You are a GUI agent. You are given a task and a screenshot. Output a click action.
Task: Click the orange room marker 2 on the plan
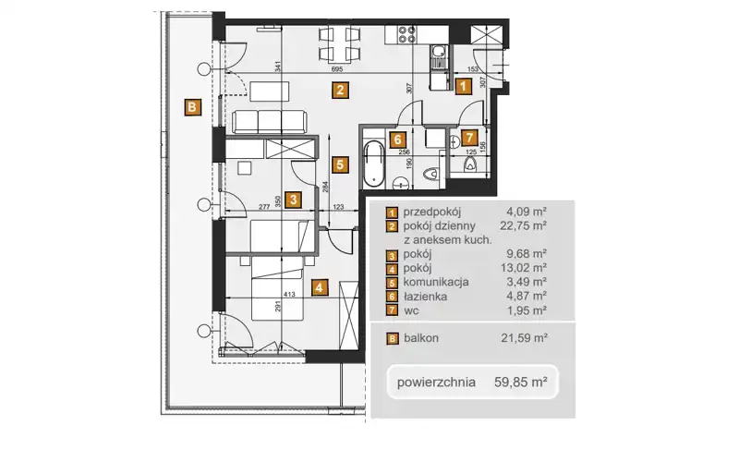(x=340, y=90)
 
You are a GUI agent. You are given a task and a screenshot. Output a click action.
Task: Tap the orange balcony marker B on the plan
(x=192, y=107)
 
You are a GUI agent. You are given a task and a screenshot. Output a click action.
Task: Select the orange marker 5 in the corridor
(x=340, y=164)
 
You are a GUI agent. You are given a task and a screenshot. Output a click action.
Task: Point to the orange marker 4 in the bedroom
(x=320, y=286)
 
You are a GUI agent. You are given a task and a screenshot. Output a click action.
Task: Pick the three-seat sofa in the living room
(x=270, y=122)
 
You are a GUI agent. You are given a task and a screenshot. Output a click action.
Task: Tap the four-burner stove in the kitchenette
(x=407, y=34)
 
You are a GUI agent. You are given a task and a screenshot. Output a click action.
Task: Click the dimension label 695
(x=337, y=69)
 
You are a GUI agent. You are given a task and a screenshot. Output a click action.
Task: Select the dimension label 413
(x=289, y=295)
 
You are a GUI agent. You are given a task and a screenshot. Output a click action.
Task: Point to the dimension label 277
(x=264, y=207)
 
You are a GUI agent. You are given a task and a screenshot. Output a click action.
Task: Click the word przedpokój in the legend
(x=432, y=212)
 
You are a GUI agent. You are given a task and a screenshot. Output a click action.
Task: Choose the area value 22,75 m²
(x=523, y=225)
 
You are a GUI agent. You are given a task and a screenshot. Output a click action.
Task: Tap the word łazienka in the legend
(x=425, y=297)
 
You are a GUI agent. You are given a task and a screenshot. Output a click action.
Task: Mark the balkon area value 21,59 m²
(x=524, y=337)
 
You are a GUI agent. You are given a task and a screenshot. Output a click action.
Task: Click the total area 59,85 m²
(x=521, y=382)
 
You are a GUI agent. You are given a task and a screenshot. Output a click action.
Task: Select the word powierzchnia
(x=436, y=382)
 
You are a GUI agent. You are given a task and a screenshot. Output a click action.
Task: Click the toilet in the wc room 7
(x=470, y=164)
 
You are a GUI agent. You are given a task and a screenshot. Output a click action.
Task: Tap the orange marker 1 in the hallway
(x=463, y=86)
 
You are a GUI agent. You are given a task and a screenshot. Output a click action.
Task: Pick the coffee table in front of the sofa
(x=270, y=91)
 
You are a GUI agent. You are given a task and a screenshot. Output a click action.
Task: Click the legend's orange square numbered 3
(x=392, y=256)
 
